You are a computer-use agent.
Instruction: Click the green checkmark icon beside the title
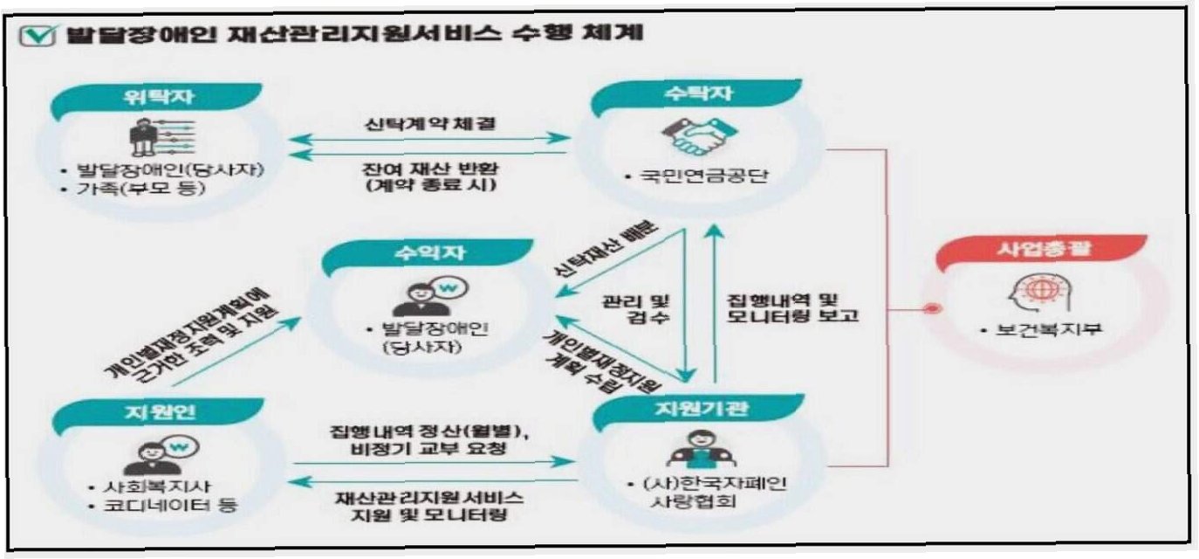point(37,35)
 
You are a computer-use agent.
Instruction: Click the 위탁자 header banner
point(156,99)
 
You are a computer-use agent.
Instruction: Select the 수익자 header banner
point(428,254)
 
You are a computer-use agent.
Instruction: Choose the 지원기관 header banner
point(699,410)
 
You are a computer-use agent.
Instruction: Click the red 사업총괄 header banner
point(1042,251)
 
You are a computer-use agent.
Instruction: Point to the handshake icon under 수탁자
point(699,137)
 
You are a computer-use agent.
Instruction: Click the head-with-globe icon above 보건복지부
point(1040,293)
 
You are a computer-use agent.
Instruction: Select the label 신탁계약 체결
point(430,124)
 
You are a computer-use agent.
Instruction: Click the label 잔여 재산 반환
point(430,169)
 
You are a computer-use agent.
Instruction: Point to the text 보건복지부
point(1048,329)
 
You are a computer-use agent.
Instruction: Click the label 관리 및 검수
point(636,308)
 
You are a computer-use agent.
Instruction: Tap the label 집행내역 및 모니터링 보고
point(792,307)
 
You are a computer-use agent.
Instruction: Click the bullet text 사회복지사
point(157,487)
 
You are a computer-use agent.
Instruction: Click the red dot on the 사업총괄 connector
point(933,308)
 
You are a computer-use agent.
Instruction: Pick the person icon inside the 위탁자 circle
point(143,137)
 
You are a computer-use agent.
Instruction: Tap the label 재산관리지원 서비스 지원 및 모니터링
point(429,507)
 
